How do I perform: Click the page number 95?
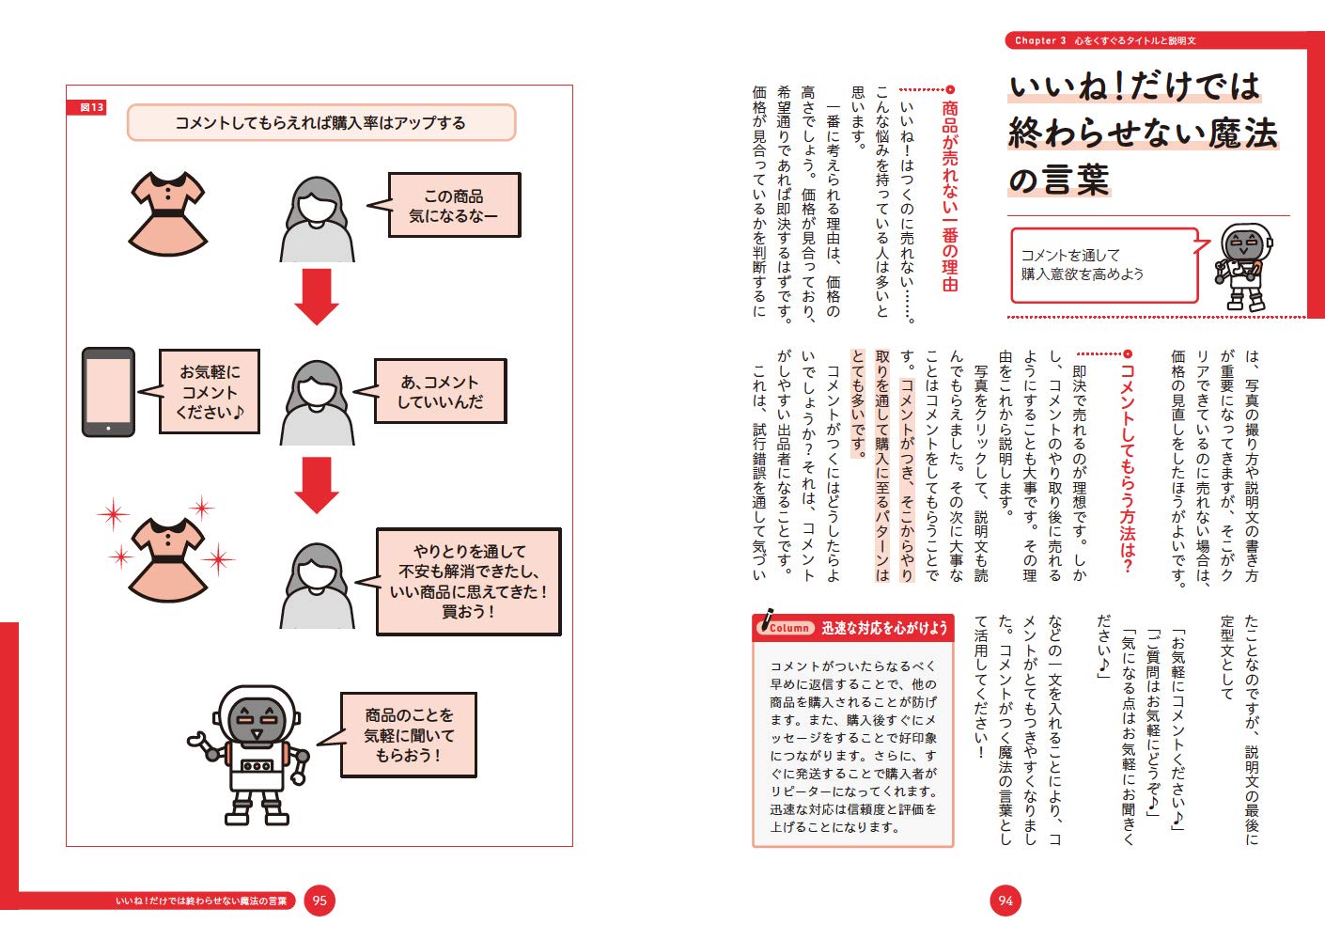320,901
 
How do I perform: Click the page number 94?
1005,901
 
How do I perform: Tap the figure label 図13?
90,108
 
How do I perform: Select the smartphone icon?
108,392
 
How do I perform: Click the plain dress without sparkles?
166,213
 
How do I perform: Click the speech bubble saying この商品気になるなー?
454,205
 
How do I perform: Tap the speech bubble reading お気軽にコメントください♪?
209,392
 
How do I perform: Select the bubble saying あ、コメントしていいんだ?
440,391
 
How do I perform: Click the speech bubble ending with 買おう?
468,581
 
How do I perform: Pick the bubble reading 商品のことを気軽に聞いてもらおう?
408,735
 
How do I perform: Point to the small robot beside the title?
1243,268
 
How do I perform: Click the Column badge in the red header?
787,627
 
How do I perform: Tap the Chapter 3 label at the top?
1040,40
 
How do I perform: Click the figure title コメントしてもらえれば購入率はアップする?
320,123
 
